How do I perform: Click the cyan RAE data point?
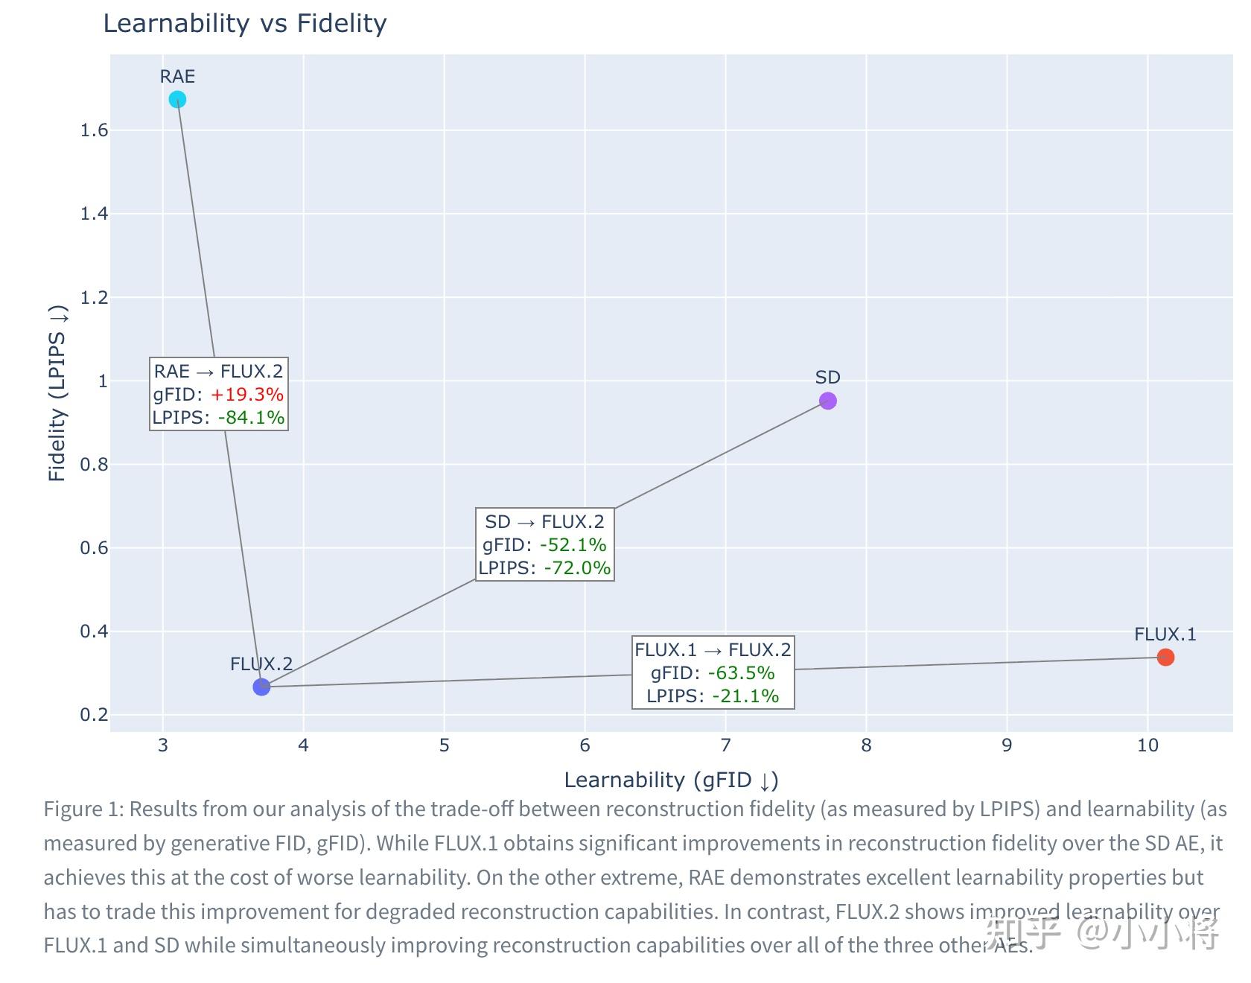pos(177,99)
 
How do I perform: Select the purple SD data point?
pos(827,401)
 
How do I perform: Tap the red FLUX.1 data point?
pos(1165,657)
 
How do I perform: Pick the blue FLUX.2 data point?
pos(261,687)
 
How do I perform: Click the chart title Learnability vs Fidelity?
pos(244,23)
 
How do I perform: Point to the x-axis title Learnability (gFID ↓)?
pos(671,780)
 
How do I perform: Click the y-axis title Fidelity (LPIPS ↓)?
pos(57,392)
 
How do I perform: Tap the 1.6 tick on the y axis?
pos(94,130)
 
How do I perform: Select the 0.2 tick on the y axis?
pos(94,715)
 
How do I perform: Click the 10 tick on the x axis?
pos(1147,745)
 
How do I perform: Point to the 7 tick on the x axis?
pos(725,745)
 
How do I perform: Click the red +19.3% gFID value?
pos(246,394)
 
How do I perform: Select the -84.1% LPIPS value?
pos(251,417)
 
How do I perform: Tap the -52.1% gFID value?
pos(573,544)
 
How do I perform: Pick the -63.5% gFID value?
pos(741,672)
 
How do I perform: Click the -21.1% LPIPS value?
pos(745,696)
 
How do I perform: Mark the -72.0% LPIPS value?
pos(577,567)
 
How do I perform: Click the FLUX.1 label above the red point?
pos(1165,634)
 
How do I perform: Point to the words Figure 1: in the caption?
pos(83,809)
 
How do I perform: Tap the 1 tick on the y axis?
pos(103,381)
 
